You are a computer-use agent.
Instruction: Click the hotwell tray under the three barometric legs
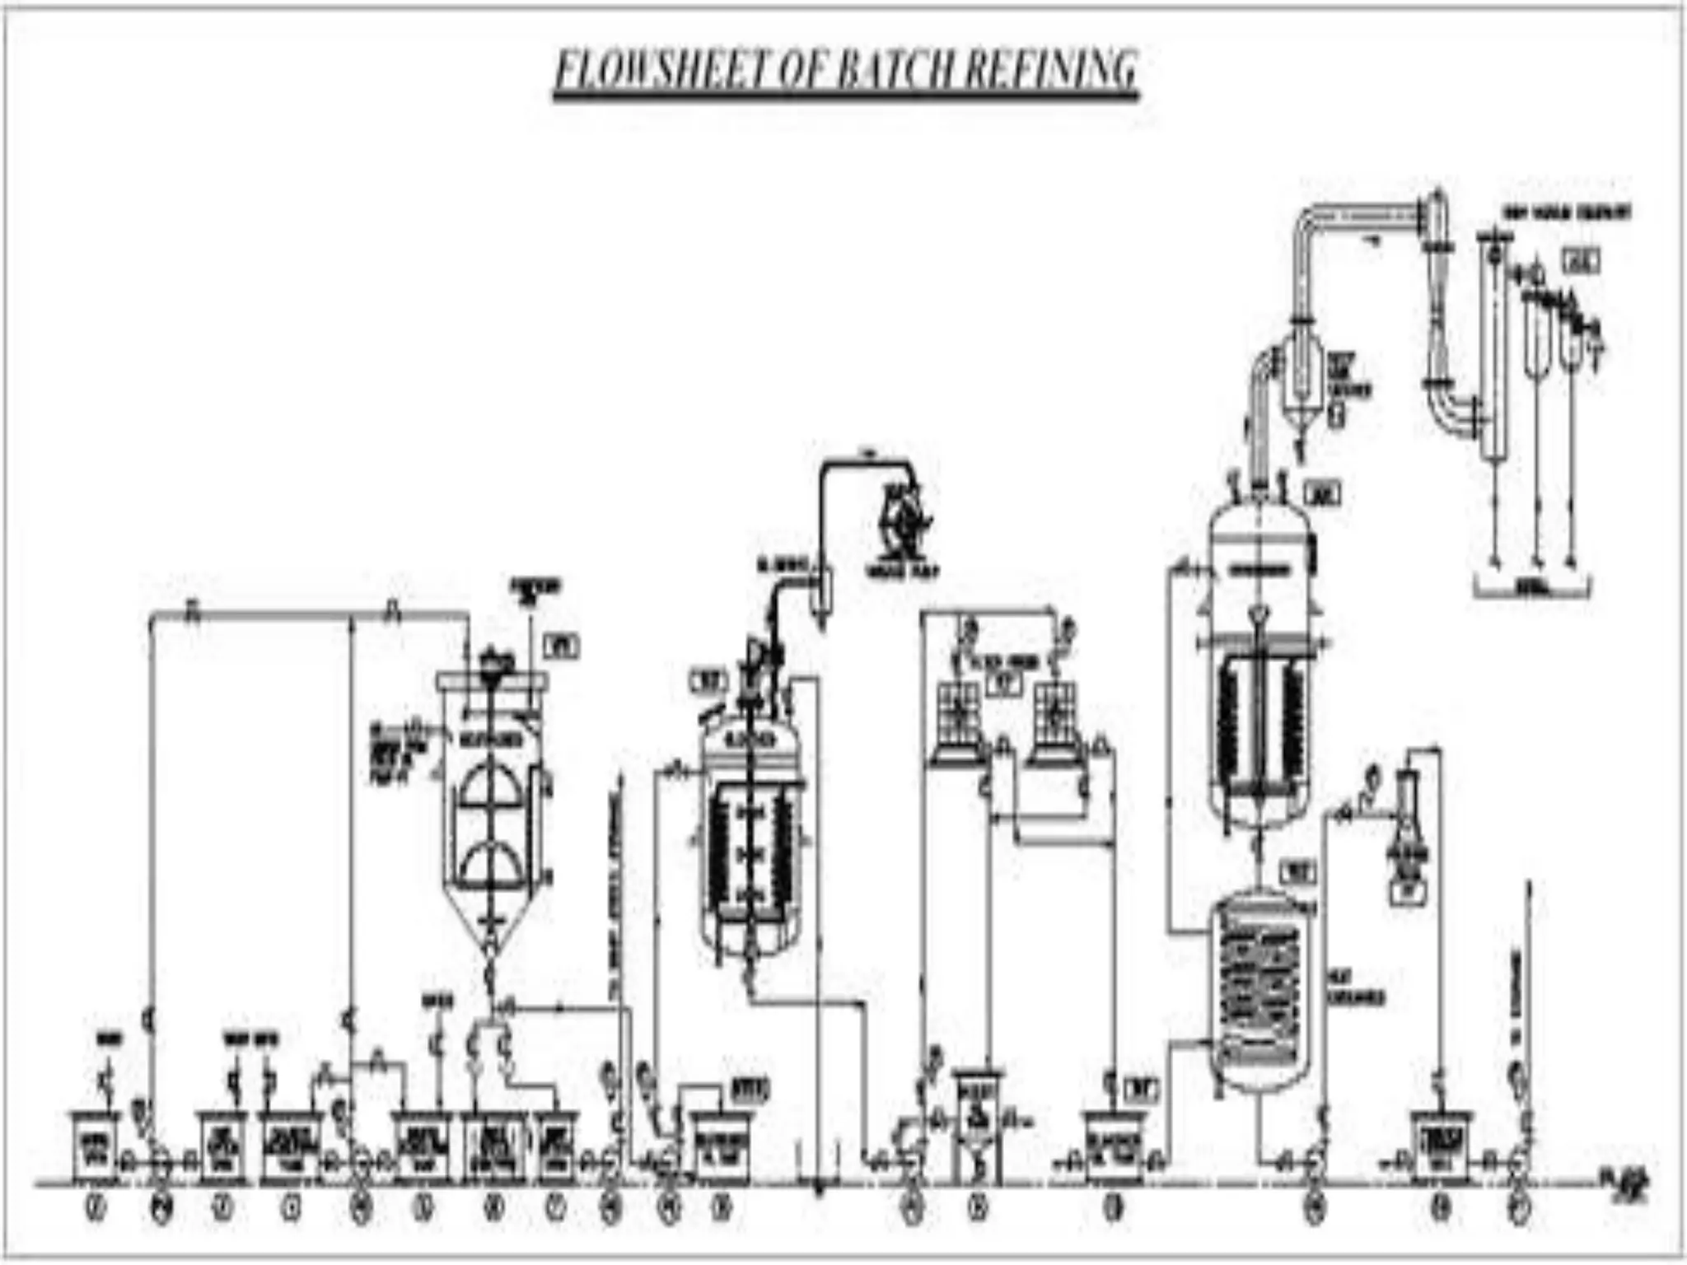(x=1532, y=589)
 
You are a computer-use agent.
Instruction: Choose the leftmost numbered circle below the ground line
(x=96, y=1209)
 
